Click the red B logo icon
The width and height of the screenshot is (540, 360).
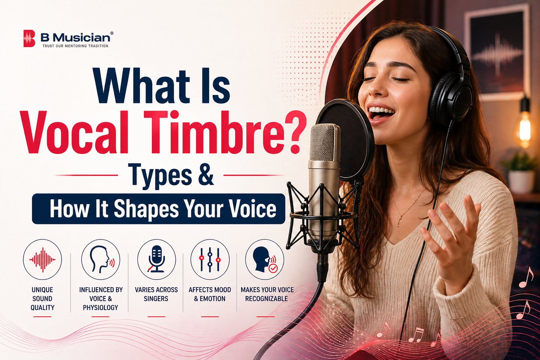click(29, 38)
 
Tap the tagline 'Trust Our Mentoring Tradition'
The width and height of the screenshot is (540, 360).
click(75, 46)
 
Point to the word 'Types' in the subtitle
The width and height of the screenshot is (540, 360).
click(160, 175)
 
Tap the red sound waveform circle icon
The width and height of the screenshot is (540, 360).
click(42, 259)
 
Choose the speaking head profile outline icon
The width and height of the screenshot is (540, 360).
click(101, 259)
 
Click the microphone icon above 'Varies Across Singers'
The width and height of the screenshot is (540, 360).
click(156, 259)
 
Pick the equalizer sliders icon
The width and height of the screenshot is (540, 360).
click(210, 259)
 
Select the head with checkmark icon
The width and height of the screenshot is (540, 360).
click(265, 259)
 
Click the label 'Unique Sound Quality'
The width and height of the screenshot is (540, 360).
click(43, 298)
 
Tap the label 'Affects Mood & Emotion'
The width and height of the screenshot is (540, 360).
click(210, 294)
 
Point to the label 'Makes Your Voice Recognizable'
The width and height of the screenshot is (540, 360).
click(267, 294)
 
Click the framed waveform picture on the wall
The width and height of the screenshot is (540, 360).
click(497, 53)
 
